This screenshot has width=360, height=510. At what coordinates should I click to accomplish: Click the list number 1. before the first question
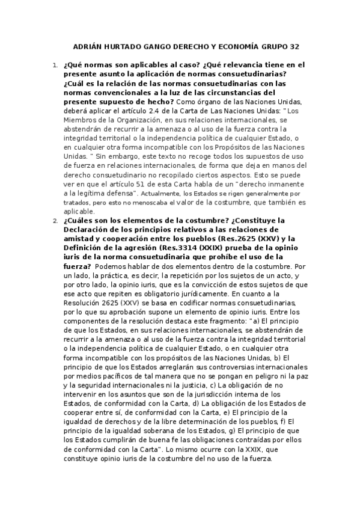tap(55, 64)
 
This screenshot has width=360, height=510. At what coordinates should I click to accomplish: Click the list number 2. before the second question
tap(55, 220)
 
